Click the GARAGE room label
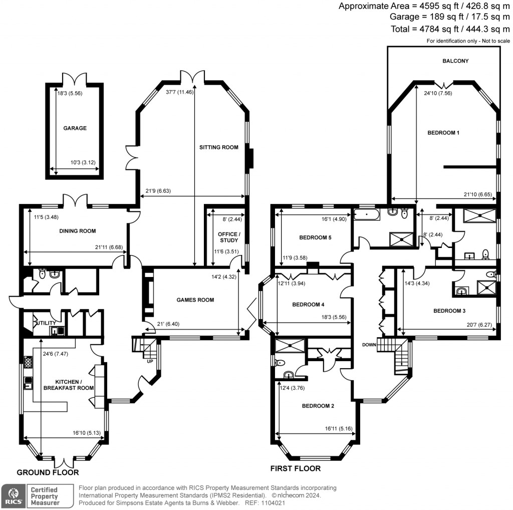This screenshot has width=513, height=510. pyautogui.click(x=75, y=128)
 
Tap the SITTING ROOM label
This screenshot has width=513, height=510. pyautogui.click(x=218, y=147)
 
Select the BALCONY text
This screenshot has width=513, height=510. pyautogui.click(x=455, y=61)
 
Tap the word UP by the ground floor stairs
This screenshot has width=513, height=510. pyautogui.click(x=149, y=360)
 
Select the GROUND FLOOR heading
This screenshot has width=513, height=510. pyautogui.click(x=48, y=472)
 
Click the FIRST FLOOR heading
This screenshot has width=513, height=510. pyautogui.click(x=295, y=469)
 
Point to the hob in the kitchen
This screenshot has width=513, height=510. pyautogui.click(x=27, y=361)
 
